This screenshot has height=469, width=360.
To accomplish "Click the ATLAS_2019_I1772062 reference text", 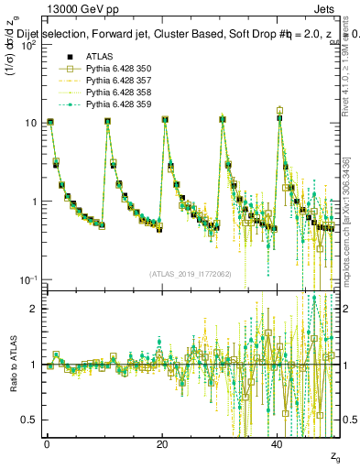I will pyautogui.click(x=191, y=274).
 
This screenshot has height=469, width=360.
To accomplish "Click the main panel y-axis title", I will pyautogui.click(x=14, y=64).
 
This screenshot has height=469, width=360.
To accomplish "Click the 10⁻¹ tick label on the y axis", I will pyautogui.click(x=27, y=279).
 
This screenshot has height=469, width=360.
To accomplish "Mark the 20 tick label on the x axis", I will pyautogui.click(x=162, y=444).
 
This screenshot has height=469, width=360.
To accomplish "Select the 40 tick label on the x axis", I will pyautogui.click(x=278, y=444).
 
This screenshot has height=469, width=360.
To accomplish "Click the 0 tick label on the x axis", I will pyautogui.click(x=47, y=444).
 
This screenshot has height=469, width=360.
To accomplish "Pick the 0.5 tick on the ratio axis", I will pyautogui.click(x=29, y=420).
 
